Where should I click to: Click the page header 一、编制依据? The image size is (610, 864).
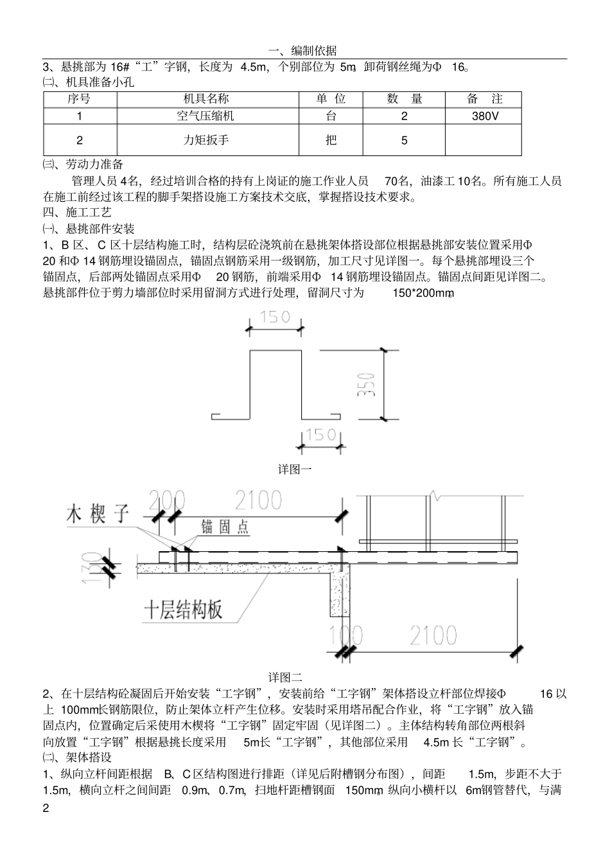tap(305, 51)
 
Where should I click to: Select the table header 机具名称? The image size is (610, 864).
tap(207, 99)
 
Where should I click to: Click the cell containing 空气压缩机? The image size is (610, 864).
tap(207, 116)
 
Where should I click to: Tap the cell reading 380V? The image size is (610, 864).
tap(485, 116)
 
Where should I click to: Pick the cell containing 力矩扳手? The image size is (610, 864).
tap(207, 140)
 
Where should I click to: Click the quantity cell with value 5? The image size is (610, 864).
tap(404, 140)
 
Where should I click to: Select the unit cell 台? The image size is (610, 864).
tap(331, 116)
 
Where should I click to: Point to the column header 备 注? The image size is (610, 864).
tap(485, 99)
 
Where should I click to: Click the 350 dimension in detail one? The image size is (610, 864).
tap(369, 384)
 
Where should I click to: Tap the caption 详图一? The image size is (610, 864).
tap(295, 470)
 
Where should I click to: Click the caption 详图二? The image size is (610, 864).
tap(285, 677)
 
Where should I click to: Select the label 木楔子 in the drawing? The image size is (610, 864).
tap(98, 514)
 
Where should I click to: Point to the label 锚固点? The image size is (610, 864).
tap(225, 527)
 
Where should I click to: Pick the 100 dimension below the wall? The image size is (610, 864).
tap(345, 635)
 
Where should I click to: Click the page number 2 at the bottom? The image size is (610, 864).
tap(46, 807)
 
